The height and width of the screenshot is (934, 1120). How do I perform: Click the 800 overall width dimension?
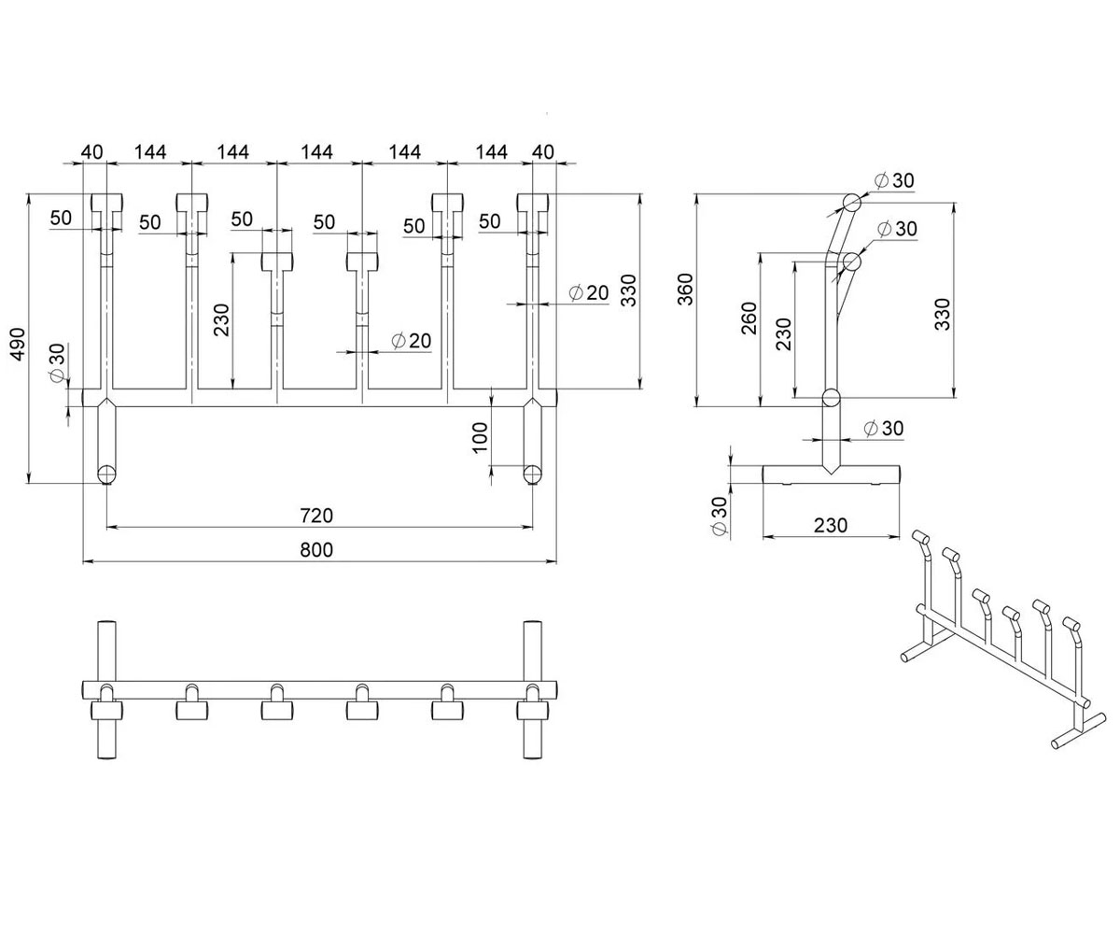[x=316, y=550]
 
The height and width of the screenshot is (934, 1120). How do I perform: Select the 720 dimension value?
[x=316, y=516]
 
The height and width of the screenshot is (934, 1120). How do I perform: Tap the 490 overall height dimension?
[x=17, y=344]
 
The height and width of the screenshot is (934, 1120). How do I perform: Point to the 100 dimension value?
[x=480, y=438]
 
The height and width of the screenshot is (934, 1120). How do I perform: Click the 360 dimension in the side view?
[x=685, y=290]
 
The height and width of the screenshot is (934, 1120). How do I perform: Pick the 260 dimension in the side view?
[x=749, y=318]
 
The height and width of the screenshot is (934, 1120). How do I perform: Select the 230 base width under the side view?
[x=831, y=525]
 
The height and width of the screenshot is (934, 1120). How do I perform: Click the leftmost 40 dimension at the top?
[x=91, y=152]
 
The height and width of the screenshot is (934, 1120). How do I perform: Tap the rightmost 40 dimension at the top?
[x=543, y=152]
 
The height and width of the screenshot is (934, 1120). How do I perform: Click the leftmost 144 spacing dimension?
[x=150, y=152]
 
